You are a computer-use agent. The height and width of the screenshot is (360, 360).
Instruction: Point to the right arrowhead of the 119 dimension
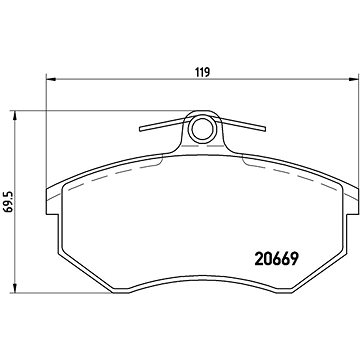click(353, 83)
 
